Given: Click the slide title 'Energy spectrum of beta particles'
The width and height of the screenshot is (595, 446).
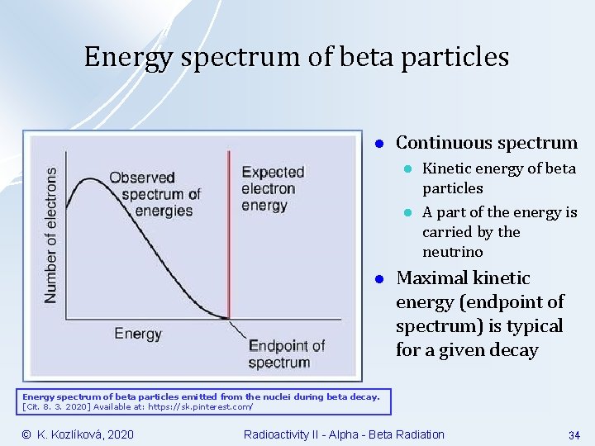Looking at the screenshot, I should (x=297, y=57).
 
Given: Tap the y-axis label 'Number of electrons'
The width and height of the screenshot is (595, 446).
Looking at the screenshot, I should (x=51, y=235).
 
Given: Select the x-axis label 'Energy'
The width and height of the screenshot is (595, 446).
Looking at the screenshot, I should (x=138, y=334).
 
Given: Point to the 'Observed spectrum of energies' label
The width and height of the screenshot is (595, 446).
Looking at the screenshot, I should (x=155, y=193).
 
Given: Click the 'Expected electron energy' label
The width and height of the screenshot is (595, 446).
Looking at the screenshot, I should (x=272, y=188).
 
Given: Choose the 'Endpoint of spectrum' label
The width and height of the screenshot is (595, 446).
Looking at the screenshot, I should (x=286, y=353).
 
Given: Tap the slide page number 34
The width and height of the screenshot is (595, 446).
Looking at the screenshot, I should (x=574, y=435).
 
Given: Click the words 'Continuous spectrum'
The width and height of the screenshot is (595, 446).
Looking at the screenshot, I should (x=486, y=143).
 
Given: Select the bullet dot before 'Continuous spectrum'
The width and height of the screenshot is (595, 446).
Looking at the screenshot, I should (x=376, y=144).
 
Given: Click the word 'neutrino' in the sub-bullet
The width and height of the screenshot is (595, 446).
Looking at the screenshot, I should (x=452, y=252).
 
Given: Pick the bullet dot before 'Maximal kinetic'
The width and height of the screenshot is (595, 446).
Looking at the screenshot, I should (x=376, y=278).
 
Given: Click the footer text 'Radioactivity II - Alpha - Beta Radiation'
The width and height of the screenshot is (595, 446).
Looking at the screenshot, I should (x=344, y=434).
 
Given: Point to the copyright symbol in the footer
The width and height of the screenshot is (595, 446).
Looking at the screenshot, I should (x=26, y=434).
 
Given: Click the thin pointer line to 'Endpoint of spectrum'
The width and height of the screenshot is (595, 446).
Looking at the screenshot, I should (x=238, y=331).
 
